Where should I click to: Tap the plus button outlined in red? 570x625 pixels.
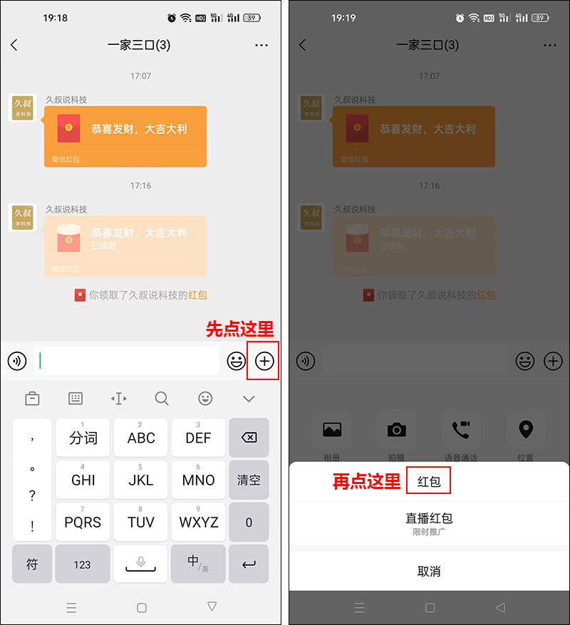click(x=264, y=361)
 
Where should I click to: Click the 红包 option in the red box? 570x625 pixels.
click(x=429, y=482)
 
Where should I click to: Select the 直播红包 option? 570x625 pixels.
click(x=429, y=522)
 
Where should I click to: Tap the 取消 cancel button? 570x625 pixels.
click(x=429, y=571)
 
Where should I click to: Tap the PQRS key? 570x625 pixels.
click(x=83, y=522)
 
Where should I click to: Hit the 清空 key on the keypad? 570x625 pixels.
click(x=249, y=480)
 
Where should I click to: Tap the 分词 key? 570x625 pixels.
click(x=83, y=438)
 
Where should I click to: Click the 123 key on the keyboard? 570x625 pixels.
click(x=83, y=564)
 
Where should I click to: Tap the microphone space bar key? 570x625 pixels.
click(x=140, y=564)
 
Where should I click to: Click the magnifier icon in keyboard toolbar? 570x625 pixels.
click(x=162, y=399)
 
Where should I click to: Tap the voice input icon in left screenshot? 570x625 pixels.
click(x=17, y=361)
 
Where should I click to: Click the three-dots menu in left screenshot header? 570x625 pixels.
click(x=261, y=46)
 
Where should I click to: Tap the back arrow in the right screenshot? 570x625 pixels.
click(x=303, y=46)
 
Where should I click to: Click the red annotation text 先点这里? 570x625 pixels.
click(x=240, y=329)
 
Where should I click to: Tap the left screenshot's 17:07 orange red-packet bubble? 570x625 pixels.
click(x=125, y=136)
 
